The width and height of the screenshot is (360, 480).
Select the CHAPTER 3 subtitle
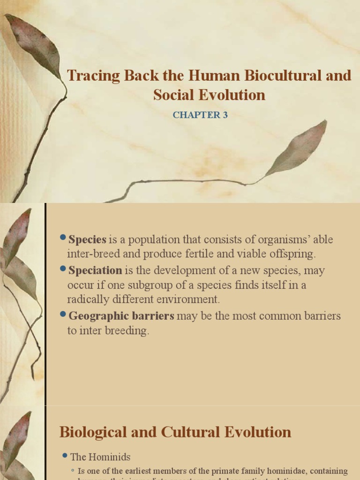[200, 115]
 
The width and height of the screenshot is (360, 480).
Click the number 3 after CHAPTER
[225, 115]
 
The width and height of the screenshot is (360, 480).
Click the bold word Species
[87, 240]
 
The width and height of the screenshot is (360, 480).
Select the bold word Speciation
[95, 270]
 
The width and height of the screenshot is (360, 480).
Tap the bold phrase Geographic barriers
[121, 316]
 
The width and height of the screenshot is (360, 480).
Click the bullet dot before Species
[63, 239]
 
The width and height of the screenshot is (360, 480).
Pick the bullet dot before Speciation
[63, 270]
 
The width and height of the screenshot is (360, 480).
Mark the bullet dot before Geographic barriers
[63, 315]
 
